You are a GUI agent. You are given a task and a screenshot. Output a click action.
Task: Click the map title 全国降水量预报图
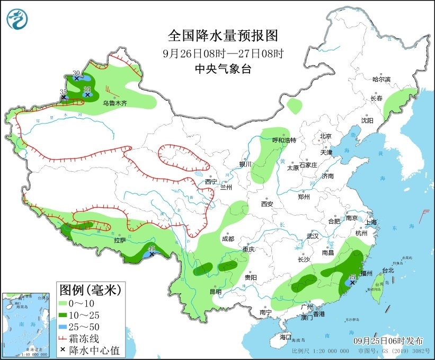(223, 36)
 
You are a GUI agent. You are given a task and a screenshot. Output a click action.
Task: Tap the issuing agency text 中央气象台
(223, 69)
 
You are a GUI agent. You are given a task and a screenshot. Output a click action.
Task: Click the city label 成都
(228, 239)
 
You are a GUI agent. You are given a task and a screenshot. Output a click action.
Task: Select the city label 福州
(366, 273)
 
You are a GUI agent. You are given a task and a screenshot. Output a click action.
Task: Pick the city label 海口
(285, 337)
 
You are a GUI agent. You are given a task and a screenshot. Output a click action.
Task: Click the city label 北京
(325, 136)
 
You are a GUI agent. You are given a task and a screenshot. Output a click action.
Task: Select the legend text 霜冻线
(88, 338)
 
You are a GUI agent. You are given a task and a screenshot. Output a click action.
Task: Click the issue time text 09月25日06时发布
(389, 339)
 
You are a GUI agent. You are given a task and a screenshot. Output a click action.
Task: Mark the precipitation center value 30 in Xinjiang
(76, 73)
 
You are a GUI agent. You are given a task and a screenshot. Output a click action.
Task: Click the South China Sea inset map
(28, 324)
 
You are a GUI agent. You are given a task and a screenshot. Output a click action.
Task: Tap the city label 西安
(267, 204)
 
